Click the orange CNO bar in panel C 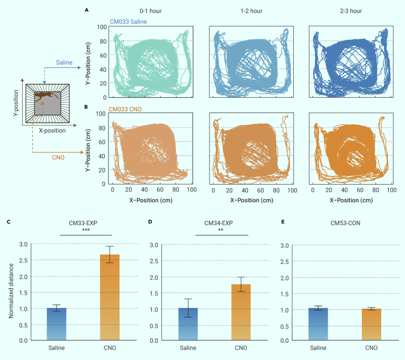109,297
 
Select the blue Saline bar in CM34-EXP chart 188,324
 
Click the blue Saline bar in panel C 56,324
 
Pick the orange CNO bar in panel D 240,313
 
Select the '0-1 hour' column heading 148,11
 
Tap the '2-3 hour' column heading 352,11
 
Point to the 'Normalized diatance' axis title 11,291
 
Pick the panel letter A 87,9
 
